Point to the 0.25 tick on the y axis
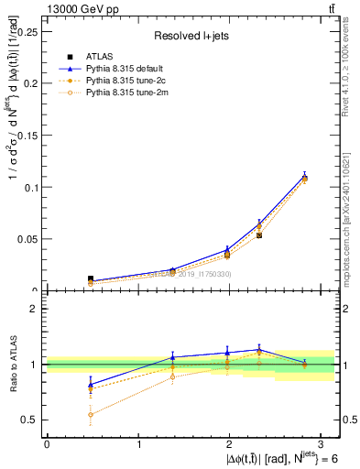[29, 30]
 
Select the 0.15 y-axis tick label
[29, 135]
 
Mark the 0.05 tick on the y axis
[29, 239]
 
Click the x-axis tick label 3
[323, 443]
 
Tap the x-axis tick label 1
[139, 443]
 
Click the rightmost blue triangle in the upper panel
[304, 176]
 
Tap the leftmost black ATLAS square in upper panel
[64, 278]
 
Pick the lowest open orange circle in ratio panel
[64, 414]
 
